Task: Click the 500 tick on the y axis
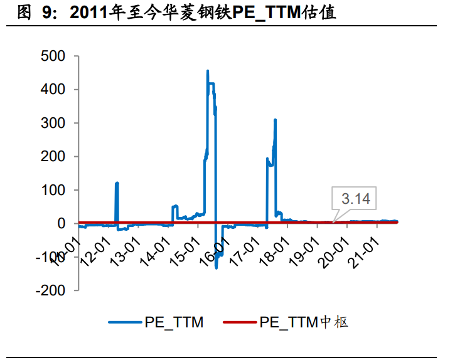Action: point(51,56)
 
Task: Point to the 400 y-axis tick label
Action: point(51,90)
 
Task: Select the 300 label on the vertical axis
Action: point(51,123)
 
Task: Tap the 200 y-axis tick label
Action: point(51,157)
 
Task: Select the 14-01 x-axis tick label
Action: point(157,246)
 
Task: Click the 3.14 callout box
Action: point(356,199)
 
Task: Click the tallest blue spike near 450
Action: point(208,71)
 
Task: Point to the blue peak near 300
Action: point(275,120)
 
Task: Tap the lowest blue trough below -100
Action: point(216,267)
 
